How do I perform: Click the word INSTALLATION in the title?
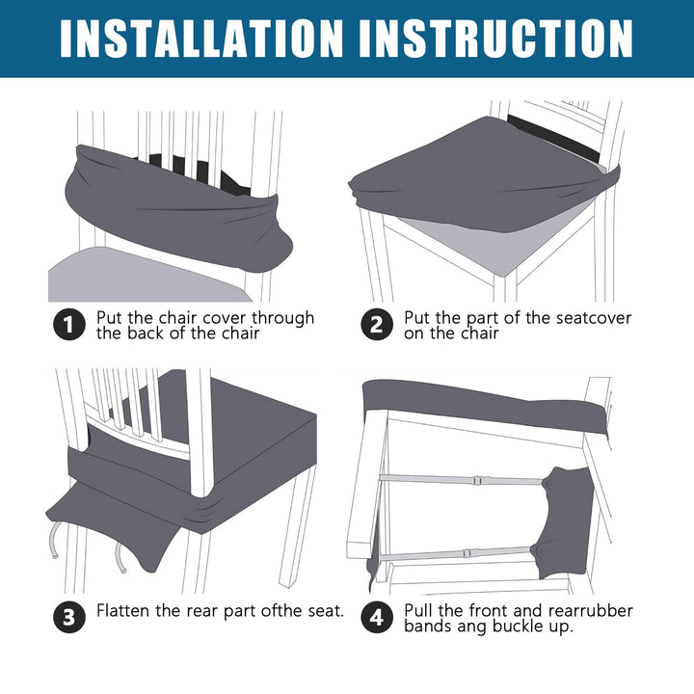pos(201,39)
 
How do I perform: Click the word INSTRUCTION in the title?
pos(496,39)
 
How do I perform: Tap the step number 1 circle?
pos(69,325)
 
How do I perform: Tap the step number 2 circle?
pos(376,325)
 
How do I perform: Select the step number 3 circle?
pos(69,617)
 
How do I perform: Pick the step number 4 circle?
pos(376,617)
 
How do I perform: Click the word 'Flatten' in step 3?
pos(123,610)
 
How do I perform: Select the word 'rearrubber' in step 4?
pos(591,610)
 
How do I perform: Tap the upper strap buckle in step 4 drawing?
pos(478,480)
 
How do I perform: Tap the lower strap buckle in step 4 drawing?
pos(467,553)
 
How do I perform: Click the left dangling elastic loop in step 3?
pos(54,540)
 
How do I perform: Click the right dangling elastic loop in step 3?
pos(120,558)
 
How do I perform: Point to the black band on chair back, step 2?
pos(553,136)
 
